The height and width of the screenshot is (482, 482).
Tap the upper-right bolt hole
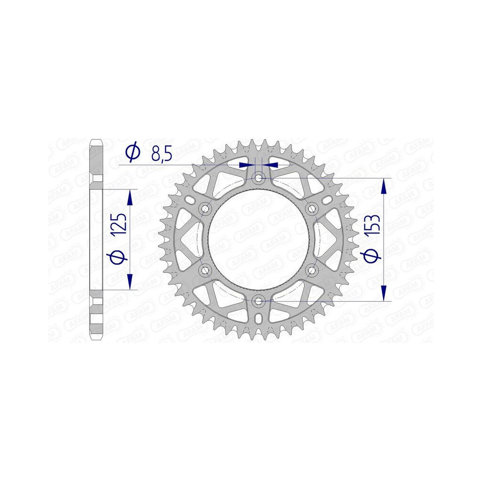point(312,209)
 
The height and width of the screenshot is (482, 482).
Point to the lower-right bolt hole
point(312,270)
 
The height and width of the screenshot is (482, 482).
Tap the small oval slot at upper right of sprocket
point(327,200)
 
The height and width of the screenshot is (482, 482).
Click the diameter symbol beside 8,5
point(132,152)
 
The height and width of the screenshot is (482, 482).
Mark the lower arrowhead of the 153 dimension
point(384,294)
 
